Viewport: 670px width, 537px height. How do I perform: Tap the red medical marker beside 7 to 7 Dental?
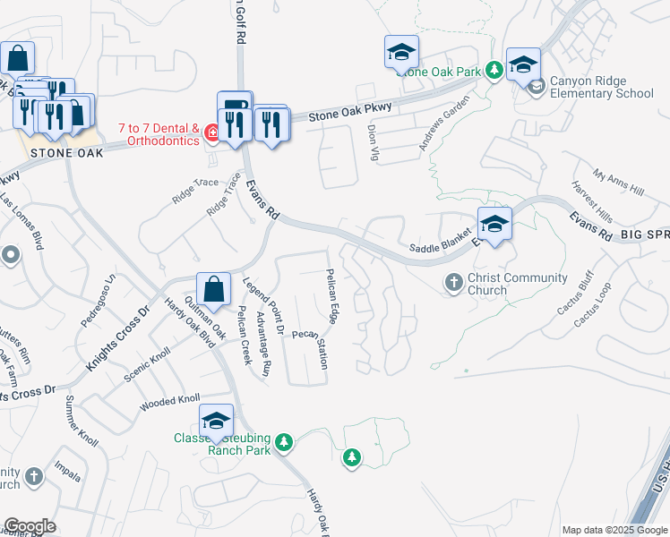[211, 134]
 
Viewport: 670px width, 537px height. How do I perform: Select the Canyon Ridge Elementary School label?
[601, 86]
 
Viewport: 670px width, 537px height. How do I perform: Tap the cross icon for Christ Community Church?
[454, 284]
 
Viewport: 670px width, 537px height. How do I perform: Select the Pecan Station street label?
[309, 345]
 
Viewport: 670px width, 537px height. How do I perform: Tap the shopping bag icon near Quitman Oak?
[214, 290]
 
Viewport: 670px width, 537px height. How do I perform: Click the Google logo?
[30, 526]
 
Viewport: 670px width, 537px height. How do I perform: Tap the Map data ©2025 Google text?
[614, 530]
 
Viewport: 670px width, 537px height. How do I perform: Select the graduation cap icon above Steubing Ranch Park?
[216, 422]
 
